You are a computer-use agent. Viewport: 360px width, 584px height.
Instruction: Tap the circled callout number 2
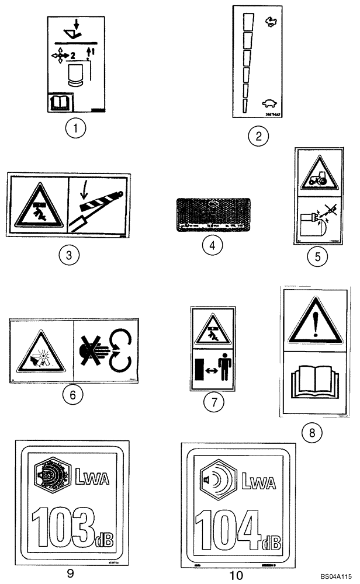pos(257,137)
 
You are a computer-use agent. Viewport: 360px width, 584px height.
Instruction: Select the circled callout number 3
pos(68,255)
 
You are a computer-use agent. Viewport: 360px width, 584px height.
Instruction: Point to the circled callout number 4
pos(213,246)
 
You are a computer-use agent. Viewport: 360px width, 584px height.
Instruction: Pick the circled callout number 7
pos(212,403)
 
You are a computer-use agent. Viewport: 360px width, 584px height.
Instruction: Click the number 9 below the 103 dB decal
pos(70,573)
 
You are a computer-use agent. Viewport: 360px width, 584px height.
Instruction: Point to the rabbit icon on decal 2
pos(271,22)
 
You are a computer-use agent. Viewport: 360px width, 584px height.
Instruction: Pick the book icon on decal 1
pos(60,104)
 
